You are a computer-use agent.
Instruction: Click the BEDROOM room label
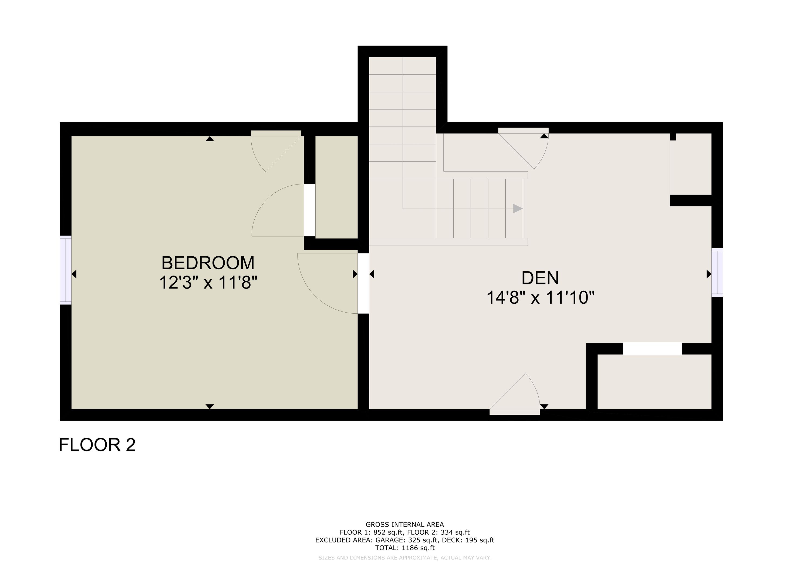[x=208, y=263]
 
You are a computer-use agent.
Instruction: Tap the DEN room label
[x=540, y=278]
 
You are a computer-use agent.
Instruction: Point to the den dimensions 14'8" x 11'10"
[x=541, y=298]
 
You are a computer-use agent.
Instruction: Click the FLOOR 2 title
[x=97, y=445]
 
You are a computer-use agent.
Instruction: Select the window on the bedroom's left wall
[x=66, y=270]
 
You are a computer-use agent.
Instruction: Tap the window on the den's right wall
[x=717, y=273]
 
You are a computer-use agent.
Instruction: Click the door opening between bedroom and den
[x=363, y=283]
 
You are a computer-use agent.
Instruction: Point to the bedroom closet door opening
[x=310, y=210]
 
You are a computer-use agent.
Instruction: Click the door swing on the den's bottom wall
[x=515, y=395]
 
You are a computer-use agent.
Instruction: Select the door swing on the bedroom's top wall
[x=276, y=151]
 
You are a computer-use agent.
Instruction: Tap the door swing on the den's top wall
[x=524, y=148]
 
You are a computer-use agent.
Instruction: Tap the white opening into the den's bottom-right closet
[x=652, y=349]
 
